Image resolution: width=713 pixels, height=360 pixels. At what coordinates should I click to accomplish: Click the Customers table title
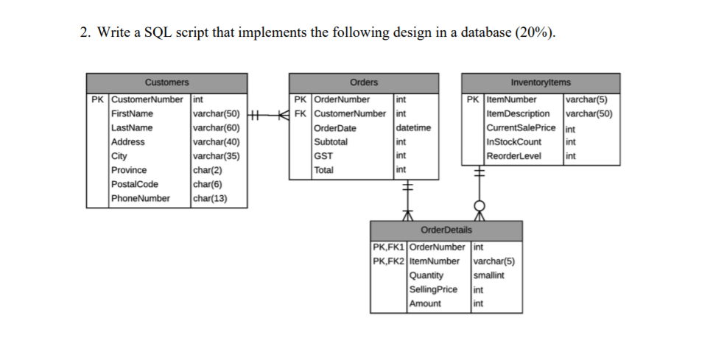(166, 82)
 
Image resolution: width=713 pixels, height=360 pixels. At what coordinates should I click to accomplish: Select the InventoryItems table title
(540, 82)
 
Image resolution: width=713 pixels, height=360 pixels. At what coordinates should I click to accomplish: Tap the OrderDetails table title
(447, 230)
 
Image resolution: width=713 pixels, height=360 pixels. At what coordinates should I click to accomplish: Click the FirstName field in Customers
(132, 114)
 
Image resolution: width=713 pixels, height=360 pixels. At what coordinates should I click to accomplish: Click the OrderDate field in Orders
(335, 128)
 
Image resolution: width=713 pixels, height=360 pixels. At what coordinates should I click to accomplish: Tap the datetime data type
(413, 128)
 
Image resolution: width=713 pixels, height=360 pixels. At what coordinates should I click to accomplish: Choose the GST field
(323, 156)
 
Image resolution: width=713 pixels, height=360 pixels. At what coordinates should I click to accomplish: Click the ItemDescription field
(519, 114)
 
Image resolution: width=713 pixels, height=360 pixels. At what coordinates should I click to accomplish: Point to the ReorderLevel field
(513, 156)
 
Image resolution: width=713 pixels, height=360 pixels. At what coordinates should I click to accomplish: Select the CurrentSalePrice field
(521, 128)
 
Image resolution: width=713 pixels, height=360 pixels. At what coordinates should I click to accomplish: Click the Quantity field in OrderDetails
(426, 275)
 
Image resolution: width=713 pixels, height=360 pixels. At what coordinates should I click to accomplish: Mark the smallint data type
(489, 275)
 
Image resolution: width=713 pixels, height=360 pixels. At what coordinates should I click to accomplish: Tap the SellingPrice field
(432, 289)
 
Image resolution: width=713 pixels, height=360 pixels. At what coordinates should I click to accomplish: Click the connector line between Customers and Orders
(267, 114)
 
